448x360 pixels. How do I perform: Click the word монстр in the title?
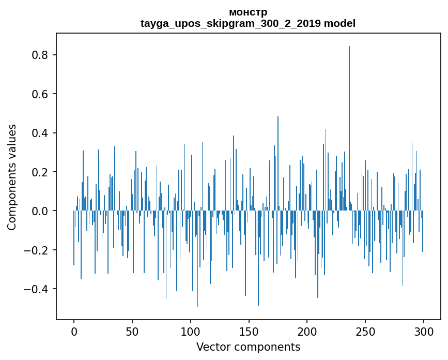248,12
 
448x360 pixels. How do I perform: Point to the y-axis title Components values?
12,177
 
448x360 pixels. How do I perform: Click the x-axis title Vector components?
248,347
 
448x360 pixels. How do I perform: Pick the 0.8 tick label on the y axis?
40,55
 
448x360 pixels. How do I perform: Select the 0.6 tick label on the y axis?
40,94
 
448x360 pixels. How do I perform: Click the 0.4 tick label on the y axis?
40,133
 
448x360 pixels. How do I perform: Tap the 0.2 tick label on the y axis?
40,172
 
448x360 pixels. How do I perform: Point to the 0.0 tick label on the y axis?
40,211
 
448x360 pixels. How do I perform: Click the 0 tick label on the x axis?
74,331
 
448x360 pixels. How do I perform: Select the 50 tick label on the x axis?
132,331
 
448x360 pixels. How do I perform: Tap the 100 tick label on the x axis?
191,331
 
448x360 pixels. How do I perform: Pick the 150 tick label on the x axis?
249,331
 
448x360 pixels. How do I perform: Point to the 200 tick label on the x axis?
307,331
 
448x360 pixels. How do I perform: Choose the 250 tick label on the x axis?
365,331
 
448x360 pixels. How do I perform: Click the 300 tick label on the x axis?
424,331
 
